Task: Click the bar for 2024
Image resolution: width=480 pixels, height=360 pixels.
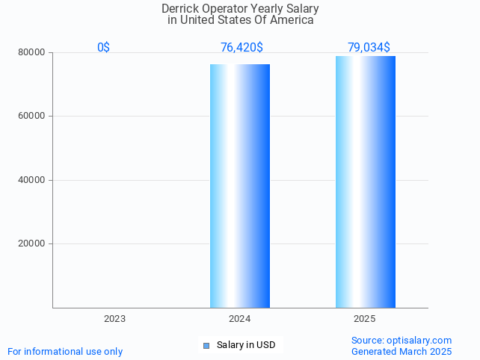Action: (x=240, y=185)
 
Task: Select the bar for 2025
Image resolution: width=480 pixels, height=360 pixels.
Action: (x=365, y=181)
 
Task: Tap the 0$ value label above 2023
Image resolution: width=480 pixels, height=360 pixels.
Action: (x=103, y=47)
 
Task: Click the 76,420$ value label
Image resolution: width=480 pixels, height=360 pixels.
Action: (x=241, y=47)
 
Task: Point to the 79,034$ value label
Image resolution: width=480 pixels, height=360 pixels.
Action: (x=369, y=47)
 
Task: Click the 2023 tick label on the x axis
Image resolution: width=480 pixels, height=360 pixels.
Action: (x=114, y=319)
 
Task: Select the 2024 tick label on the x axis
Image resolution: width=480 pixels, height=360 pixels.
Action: (x=240, y=319)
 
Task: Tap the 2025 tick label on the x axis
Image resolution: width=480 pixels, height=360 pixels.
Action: (x=365, y=319)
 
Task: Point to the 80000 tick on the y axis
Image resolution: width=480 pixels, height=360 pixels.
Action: (x=32, y=53)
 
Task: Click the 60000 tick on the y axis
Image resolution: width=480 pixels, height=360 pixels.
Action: (x=32, y=117)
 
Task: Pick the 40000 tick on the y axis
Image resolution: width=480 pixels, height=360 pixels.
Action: (x=32, y=180)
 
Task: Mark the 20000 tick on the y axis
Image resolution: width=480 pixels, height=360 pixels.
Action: (x=32, y=243)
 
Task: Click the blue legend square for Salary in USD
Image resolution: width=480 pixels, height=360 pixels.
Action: (x=206, y=345)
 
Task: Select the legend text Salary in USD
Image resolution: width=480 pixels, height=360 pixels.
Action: (x=246, y=345)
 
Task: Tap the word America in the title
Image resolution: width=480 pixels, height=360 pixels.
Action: (x=292, y=20)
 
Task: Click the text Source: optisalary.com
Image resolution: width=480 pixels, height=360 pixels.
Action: (x=401, y=340)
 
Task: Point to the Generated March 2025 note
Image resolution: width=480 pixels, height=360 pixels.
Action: (x=401, y=351)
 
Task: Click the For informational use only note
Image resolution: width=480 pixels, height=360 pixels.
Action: (x=65, y=351)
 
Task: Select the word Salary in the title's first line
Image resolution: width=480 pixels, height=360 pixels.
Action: (x=301, y=8)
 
